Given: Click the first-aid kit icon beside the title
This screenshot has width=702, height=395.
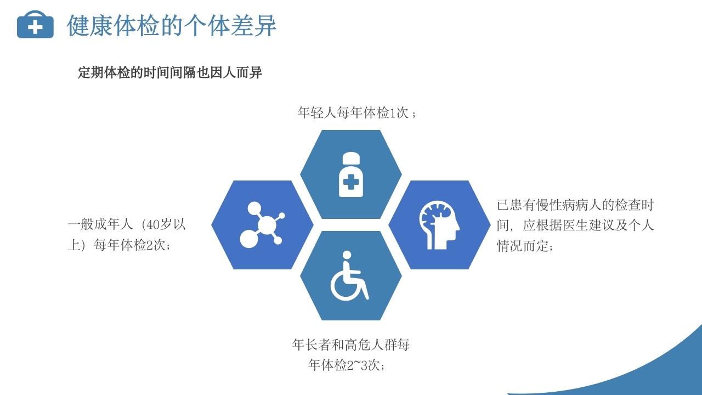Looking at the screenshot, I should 35,25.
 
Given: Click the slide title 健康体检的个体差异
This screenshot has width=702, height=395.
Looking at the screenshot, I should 172,25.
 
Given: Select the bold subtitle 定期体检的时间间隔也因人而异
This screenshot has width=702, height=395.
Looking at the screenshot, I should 170,72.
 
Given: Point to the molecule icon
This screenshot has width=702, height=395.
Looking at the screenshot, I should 262,225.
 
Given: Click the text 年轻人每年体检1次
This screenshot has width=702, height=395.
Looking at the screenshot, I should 353,113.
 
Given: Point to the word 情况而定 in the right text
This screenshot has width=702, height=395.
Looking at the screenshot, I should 523,246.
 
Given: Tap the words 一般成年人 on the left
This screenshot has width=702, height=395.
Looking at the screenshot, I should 100,224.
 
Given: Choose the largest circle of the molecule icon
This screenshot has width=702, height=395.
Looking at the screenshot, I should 267,225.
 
